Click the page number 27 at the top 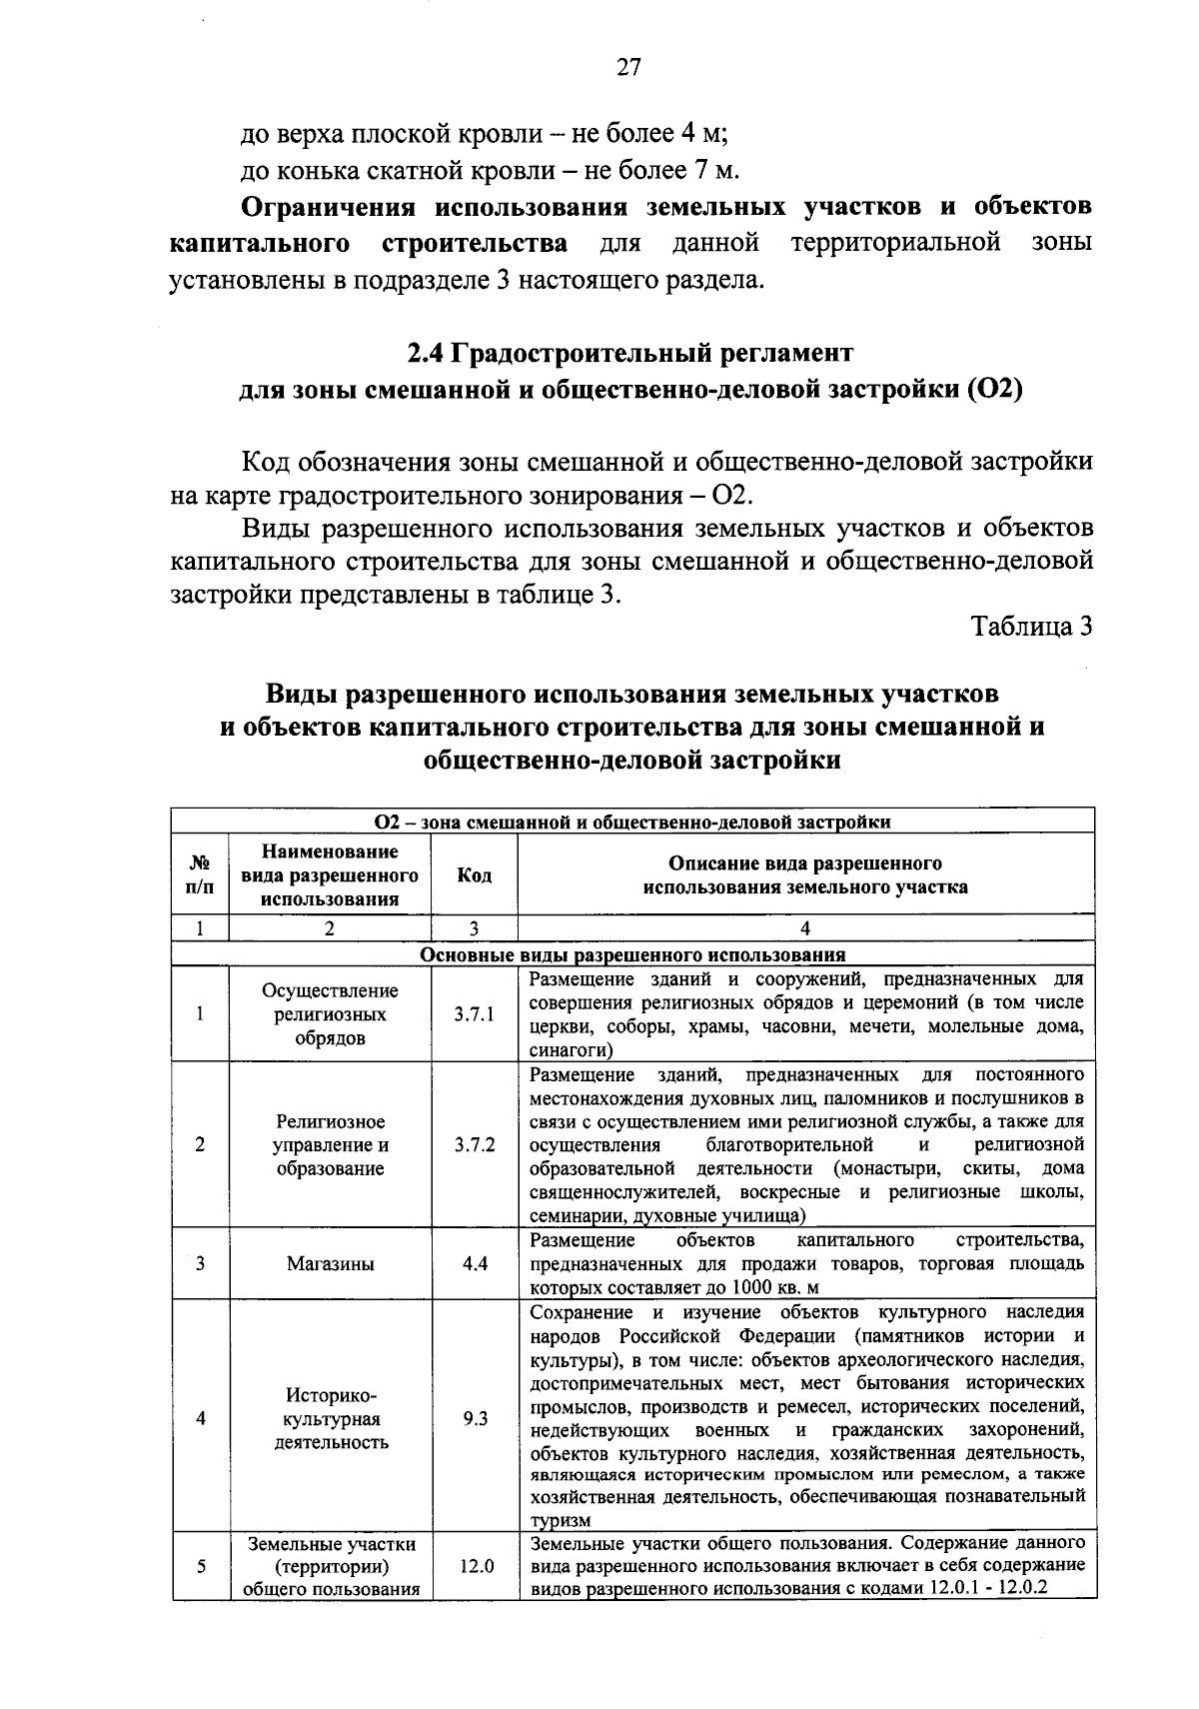coord(628,67)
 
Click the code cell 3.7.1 coord(475,1014)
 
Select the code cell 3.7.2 coord(475,1145)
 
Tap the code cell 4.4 coord(475,1263)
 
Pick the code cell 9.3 coord(475,1418)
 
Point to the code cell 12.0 coord(475,1566)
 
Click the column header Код coord(475,875)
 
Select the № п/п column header coord(200,875)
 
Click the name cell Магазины coord(331,1263)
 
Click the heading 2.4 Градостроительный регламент coord(629,353)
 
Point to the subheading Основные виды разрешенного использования coord(632,954)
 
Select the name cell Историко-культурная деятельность coord(331,1418)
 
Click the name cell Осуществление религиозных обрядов coord(331,1014)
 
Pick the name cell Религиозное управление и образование coord(331,1145)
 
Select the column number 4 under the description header coord(805,927)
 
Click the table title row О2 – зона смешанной coord(632,822)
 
